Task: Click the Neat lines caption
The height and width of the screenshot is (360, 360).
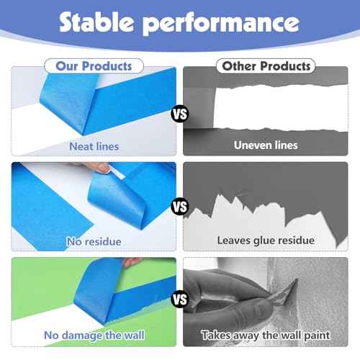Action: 94,146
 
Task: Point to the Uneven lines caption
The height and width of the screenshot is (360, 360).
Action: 266,145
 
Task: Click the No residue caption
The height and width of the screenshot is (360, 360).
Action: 94,242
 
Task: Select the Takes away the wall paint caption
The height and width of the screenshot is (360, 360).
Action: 266,335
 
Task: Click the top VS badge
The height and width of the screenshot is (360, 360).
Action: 179,113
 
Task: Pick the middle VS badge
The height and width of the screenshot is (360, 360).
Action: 179,207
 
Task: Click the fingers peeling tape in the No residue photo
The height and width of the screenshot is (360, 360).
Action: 101,168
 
